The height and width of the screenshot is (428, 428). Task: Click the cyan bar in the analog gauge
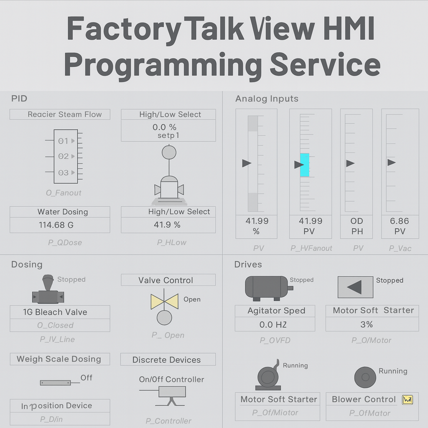click(305, 165)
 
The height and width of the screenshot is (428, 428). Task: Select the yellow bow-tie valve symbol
click(164, 301)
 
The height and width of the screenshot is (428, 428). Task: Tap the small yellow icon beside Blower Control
click(407, 400)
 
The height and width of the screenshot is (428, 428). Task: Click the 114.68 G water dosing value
click(56, 225)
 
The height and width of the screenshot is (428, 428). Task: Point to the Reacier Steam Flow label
click(64, 114)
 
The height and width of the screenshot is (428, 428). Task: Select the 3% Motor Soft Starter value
click(367, 324)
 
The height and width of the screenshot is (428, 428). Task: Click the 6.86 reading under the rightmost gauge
click(399, 221)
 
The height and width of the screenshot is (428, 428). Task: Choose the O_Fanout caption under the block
click(64, 193)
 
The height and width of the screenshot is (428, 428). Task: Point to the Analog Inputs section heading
click(267, 99)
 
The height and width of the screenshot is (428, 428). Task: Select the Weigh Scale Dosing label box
click(59, 359)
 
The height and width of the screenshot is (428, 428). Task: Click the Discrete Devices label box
click(166, 360)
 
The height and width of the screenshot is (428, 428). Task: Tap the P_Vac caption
click(400, 248)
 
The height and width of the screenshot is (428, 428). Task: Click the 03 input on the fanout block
click(64, 173)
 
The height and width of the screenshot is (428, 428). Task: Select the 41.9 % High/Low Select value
click(167, 225)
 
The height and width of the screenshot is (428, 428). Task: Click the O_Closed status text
click(55, 325)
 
